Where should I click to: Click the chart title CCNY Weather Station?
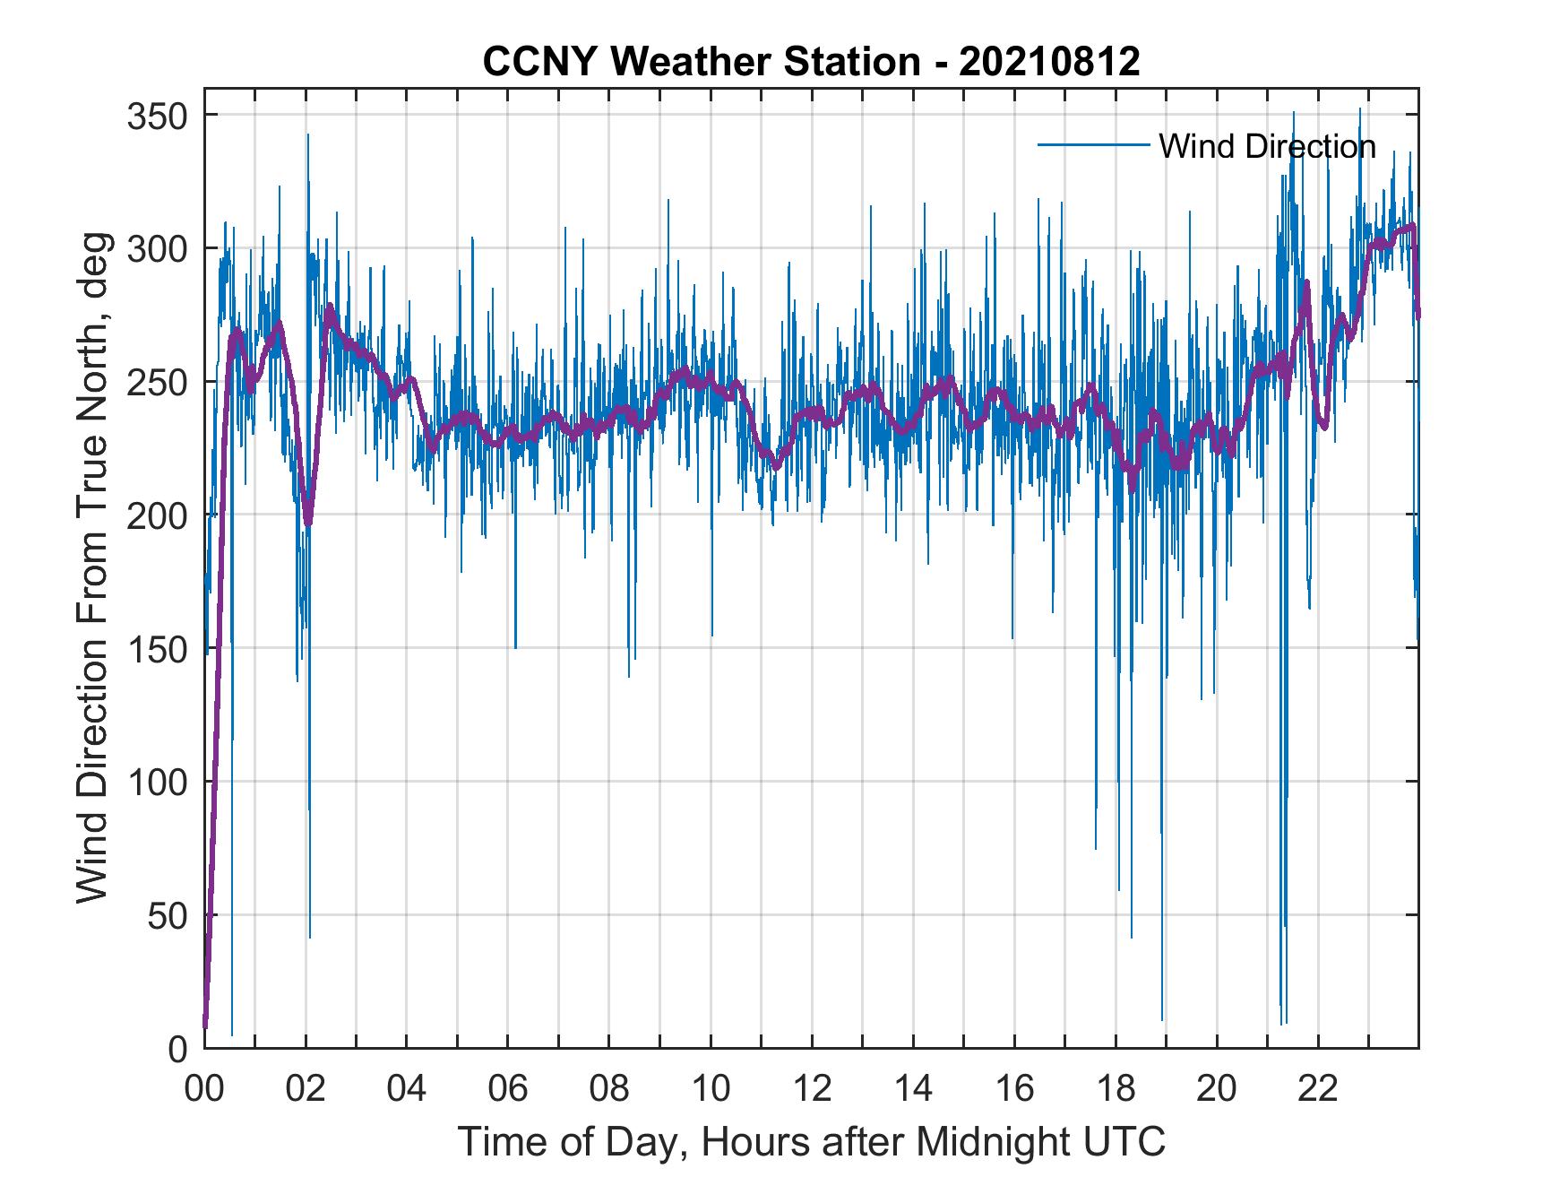coord(811,62)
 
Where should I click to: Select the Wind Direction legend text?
coord(1267,146)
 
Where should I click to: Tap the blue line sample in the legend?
coord(1093,145)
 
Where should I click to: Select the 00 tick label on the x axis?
coord(204,1089)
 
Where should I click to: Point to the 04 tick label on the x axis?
coord(407,1089)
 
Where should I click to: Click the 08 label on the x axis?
coord(609,1089)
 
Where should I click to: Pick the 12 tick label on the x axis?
coord(812,1089)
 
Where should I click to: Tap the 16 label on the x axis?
coord(1014,1089)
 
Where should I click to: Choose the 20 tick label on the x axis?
coord(1217,1089)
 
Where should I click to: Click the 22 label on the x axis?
coord(1318,1089)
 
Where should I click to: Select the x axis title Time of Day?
coord(812,1141)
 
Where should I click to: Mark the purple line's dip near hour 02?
coord(308,523)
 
